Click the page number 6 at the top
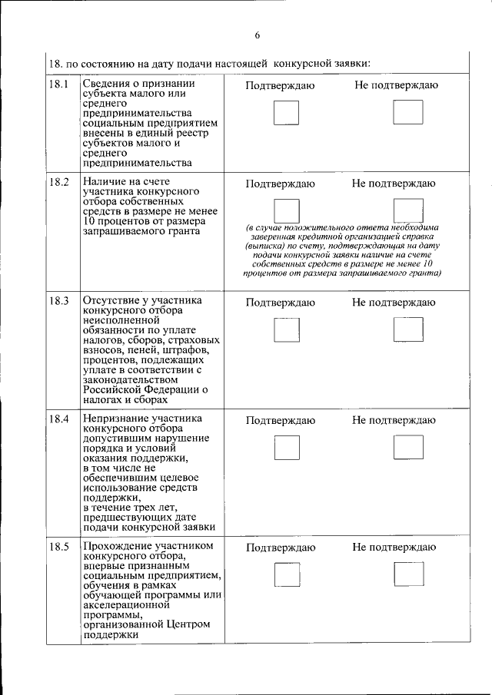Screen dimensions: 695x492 [258, 35]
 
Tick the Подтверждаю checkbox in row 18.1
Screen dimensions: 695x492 [288, 113]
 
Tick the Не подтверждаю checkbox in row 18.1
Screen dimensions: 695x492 [407, 113]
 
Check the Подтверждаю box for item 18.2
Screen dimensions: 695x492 [288, 211]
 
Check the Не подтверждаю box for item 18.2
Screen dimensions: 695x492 [407, 211]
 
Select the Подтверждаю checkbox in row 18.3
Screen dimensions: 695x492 [288, 329]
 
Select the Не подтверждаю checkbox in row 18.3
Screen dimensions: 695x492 [407, 329]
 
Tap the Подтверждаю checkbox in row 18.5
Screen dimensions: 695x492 [288, 575]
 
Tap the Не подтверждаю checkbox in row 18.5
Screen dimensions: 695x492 [407, 575]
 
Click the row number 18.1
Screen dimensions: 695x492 [59, 84]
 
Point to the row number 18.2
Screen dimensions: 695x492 [59, 183]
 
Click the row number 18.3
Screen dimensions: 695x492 [59, 301]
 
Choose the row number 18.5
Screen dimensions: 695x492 [59, 547]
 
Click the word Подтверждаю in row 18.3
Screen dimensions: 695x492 [280, 303]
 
